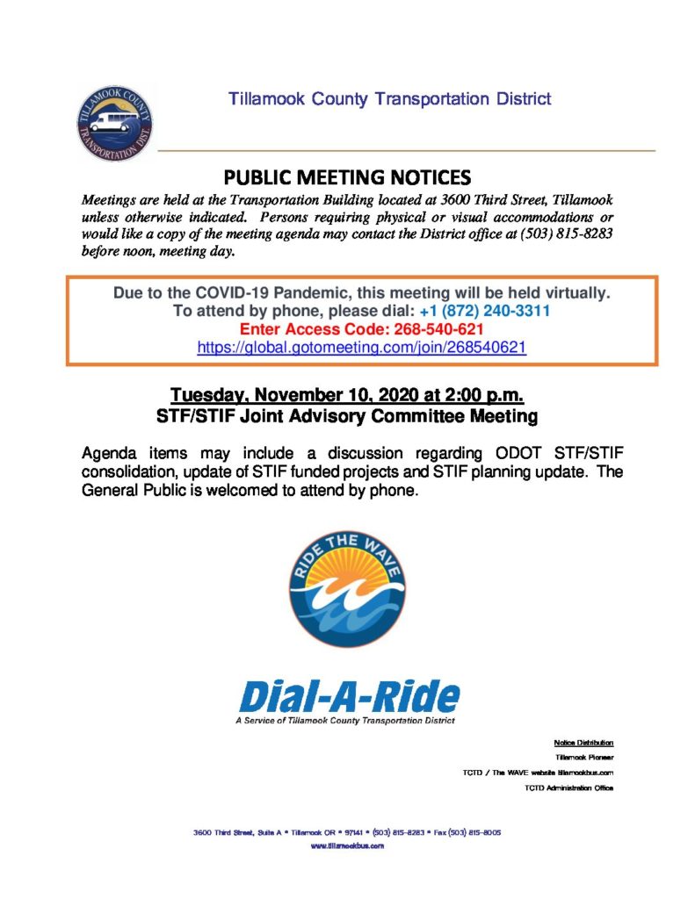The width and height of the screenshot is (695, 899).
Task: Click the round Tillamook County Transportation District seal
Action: click(x=114, y=123)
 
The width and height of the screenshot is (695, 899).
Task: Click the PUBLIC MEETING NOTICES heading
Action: click(x=348, y=176)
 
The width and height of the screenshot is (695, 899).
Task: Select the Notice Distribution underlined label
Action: click(x=583, y=742)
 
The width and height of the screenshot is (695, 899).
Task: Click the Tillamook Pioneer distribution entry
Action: click(x=583, y=757)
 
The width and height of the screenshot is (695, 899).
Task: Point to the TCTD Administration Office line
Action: click(x=567, y=788)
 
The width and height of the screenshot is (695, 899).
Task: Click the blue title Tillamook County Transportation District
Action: click(x=390, y=98)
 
